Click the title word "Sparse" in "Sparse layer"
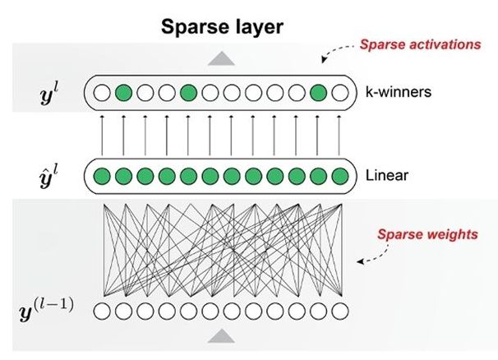pos(188,27)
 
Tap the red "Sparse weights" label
pos(427,234)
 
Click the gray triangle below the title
pos(219,58)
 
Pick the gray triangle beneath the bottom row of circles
pos(219,335)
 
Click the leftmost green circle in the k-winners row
pos(123,93)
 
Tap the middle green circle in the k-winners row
pos(188,93)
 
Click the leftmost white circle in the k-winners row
pos(102,93)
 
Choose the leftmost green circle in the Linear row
pos(102,175)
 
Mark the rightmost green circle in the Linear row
pos(339,175)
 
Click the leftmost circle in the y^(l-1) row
pos(102,311)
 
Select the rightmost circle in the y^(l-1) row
pos(339,311)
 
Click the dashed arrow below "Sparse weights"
pos(366,258)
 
